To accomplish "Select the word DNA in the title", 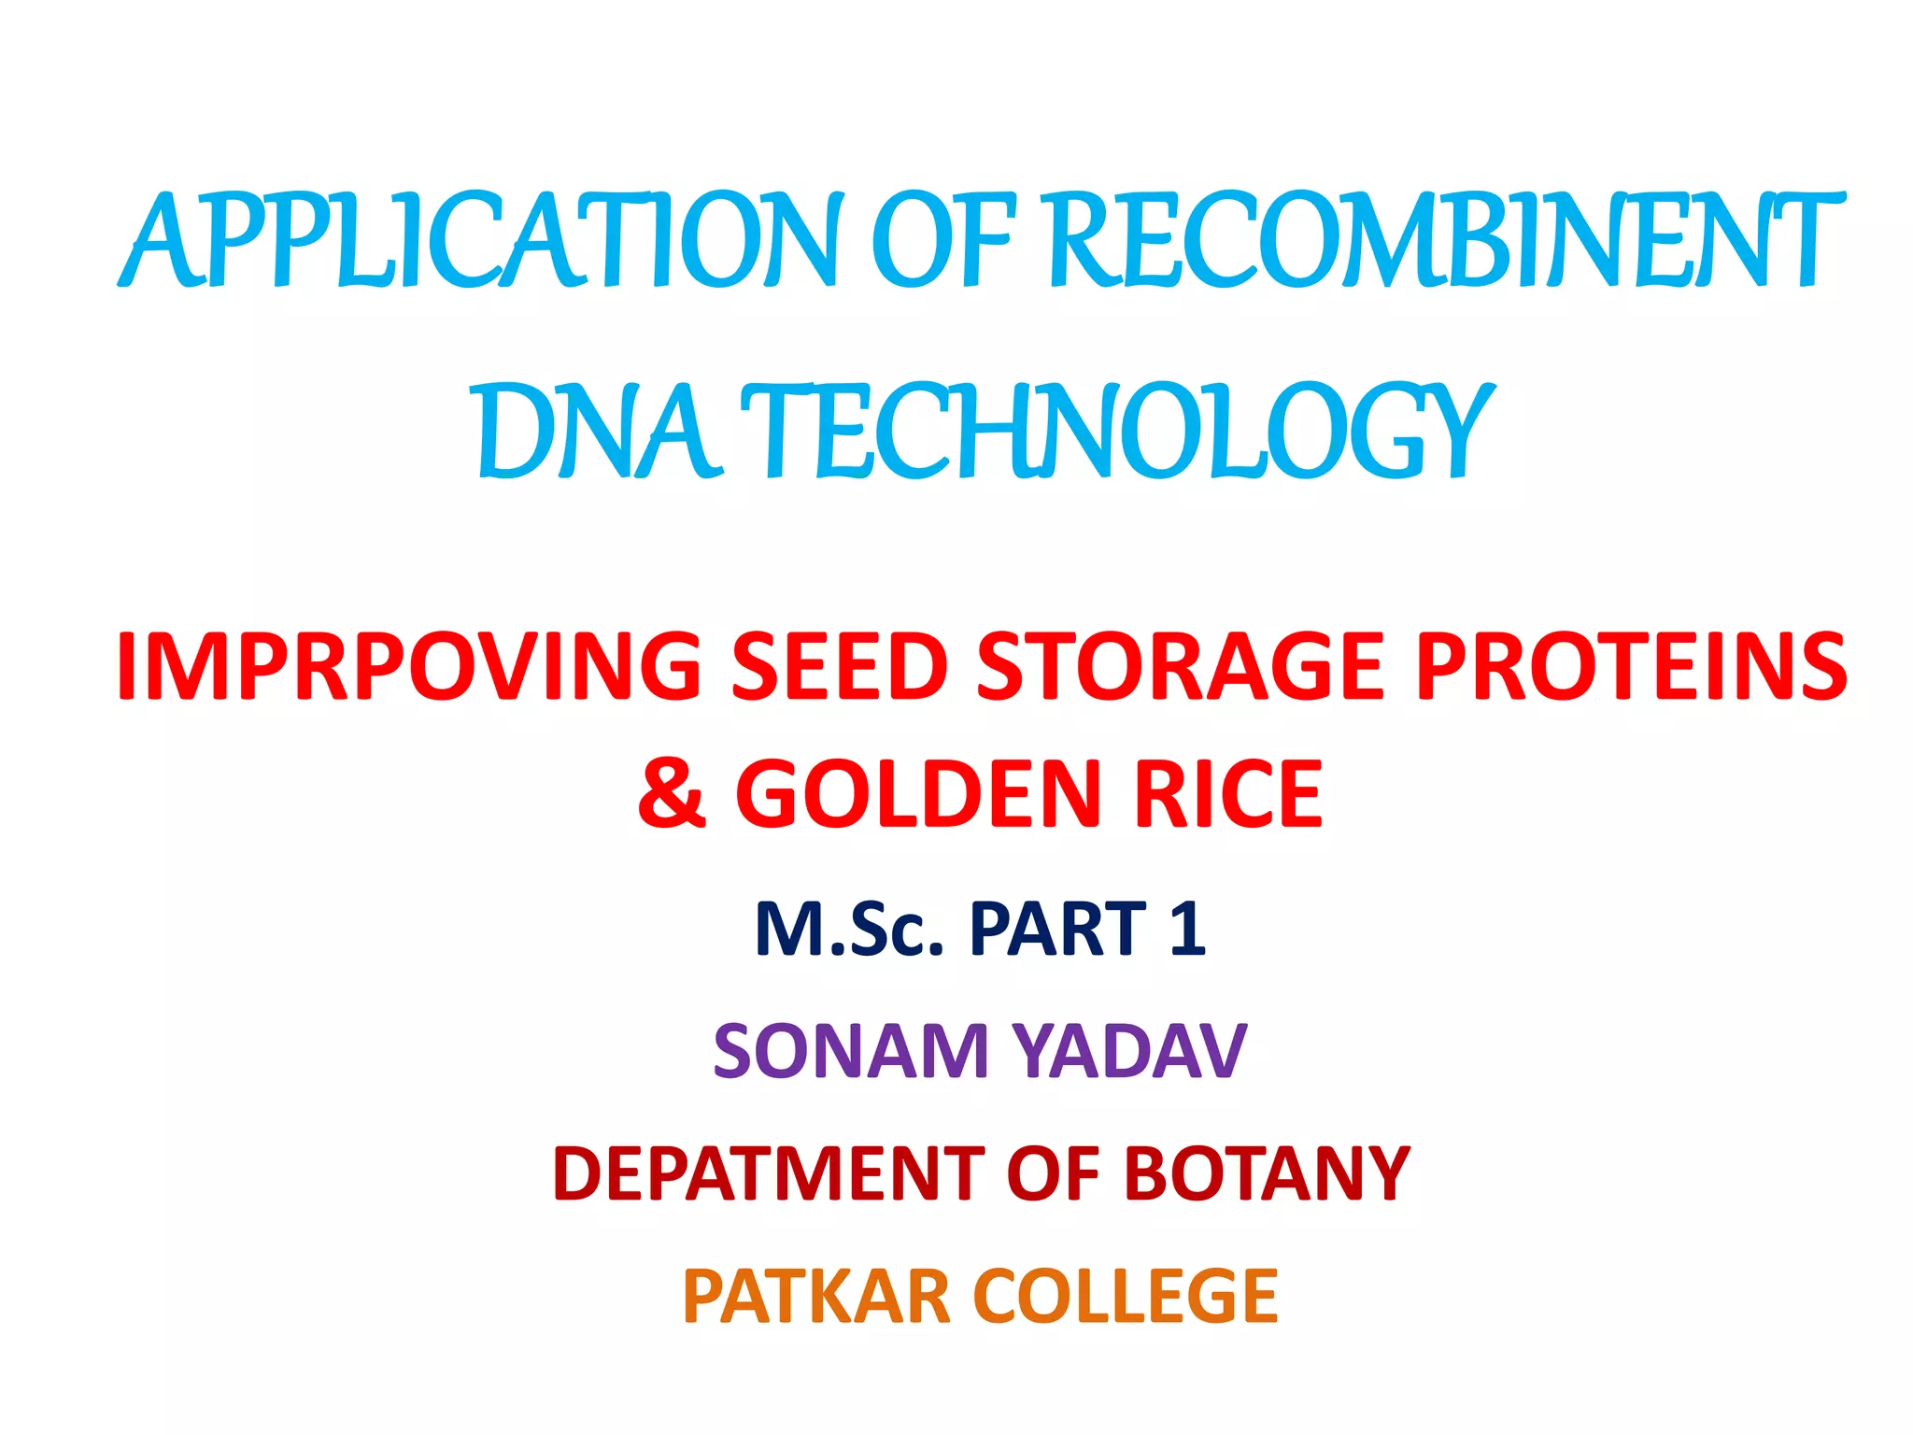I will click(599, 432).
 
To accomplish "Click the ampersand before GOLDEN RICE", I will click(672, 793).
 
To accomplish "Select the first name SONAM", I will click(850, 1052).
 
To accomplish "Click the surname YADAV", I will click(1129, 1052).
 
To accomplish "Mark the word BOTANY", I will click(1266, 1173).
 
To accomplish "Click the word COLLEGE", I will click(1126, 1297).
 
